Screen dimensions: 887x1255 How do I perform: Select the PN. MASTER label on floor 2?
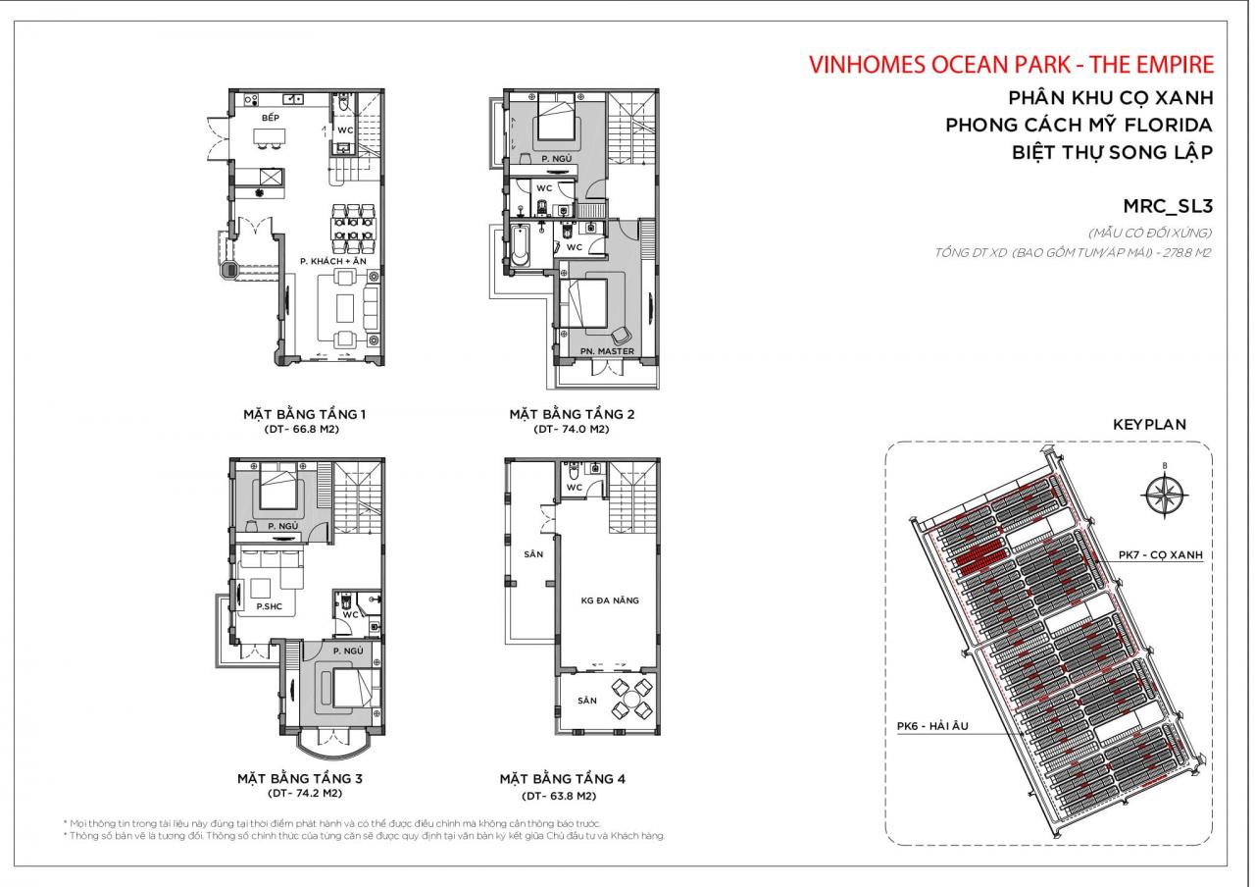coord(608,351)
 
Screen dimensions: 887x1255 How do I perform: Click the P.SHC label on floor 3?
coord(270,606)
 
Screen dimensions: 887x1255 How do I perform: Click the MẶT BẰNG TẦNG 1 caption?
coord(304,414)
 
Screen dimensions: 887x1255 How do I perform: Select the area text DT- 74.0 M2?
coord(572,430)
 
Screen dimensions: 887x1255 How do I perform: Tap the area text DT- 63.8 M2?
coord(561,796)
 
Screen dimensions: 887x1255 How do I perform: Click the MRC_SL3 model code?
coord(1168,205)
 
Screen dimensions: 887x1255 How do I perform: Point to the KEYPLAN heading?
coord(1149,425)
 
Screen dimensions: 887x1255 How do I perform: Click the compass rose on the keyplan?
coord(1165,495)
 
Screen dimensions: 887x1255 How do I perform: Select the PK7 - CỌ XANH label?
coord(1160,554)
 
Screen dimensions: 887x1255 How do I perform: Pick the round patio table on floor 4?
coord(625,699)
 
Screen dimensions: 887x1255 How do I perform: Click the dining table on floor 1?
coord(354,229)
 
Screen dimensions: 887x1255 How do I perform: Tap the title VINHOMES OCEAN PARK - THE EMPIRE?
coord(1011,65)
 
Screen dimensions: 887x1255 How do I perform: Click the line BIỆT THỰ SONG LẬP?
coord(1112,152)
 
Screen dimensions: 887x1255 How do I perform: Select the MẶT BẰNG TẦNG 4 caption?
coord(562,779)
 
